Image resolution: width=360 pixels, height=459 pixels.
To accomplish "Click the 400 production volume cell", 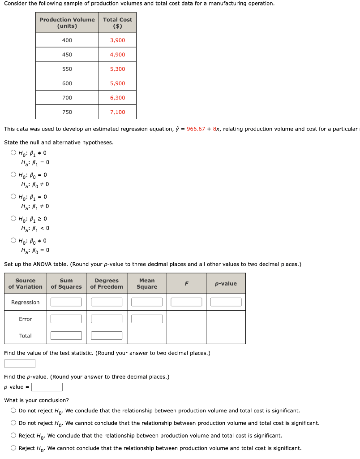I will click(x=67, y=40).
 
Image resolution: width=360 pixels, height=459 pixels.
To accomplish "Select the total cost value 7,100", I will click(x=117, y=112).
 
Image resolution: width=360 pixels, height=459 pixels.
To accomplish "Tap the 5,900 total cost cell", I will click(x=117, y=83).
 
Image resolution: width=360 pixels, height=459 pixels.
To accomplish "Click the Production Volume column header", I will click(x=67, y=23).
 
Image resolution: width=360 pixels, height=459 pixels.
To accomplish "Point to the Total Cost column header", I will click(x=117, y=23).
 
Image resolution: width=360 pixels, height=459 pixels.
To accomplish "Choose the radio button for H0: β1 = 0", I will click(x=14, y=197).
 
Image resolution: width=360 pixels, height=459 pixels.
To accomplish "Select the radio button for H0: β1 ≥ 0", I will click(x=14, y=219).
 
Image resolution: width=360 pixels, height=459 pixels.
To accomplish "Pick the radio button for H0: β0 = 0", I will click(x=14, y=175).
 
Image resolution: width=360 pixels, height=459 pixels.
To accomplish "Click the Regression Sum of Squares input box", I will click(x=66, y=302).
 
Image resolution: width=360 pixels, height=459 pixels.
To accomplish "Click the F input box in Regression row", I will click(x=186, y=302).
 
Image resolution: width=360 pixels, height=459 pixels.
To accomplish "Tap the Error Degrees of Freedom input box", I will click(x=107, y=319).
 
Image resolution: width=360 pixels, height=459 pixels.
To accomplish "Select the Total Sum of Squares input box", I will click(x=66, y=335).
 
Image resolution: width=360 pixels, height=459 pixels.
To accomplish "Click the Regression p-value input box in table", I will click(x=226, y=302).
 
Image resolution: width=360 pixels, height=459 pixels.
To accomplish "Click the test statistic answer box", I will click(x=20, y=364).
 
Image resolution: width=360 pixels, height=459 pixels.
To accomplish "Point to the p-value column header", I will click(x=226, y=284).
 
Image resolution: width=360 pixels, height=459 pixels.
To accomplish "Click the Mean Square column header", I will click(x=147, y=284).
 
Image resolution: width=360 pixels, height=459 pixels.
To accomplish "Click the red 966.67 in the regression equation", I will click(x=196, y=129).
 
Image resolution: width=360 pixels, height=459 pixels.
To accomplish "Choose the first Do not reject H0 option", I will click(x=14, y=411).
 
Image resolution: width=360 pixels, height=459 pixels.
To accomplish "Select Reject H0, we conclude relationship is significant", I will click(x=14, y=436).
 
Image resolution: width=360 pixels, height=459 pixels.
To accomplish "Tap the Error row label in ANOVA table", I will click(x=26, y=319).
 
